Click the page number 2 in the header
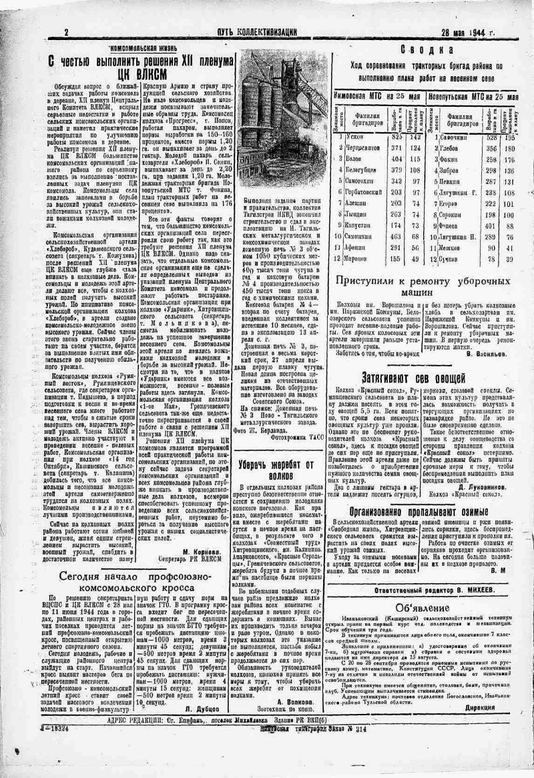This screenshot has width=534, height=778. point(66,33)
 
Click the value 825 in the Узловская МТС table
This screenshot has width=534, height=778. point(397,136)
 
